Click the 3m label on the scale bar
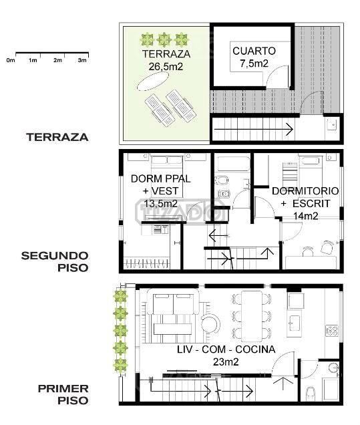pos(82,60)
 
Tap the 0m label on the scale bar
pos(11,60)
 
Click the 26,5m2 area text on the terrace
pos(166,66)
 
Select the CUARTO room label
pos(254,51)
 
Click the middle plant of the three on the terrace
pos(164,39)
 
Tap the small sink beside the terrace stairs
pos(332,125)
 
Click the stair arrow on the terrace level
pos(254,129)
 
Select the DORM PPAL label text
pos(161,178)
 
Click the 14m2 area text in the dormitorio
pos(305,216)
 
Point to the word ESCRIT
pos(311,204)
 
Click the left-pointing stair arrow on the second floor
pos(219,235)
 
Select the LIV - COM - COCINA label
pos(226,349)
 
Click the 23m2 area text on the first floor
pos(226,362)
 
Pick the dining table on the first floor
pos(252,316)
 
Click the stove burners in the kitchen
pos(332,331)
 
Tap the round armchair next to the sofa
pos(210,323)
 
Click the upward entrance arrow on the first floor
pos(283,384)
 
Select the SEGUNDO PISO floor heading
pos(55,261)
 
